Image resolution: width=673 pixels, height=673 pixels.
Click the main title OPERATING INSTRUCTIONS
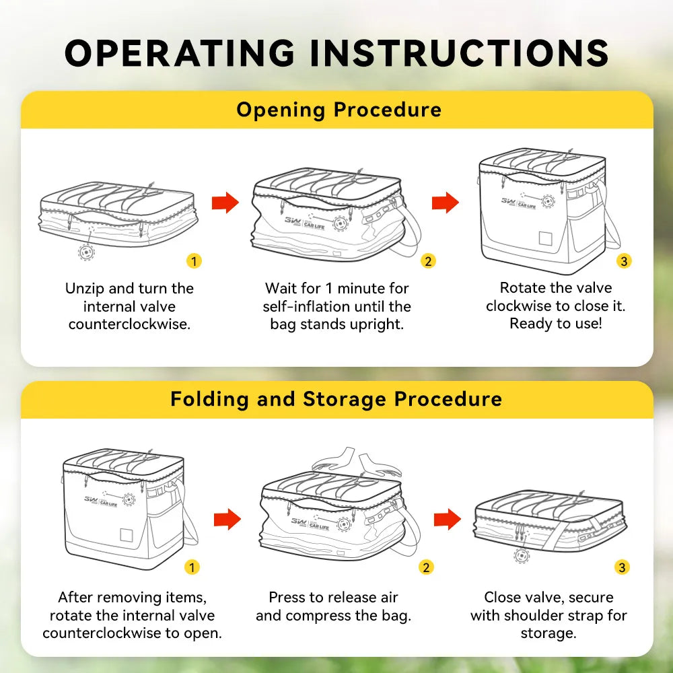click(336, 52)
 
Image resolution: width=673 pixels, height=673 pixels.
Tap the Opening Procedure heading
click(339, 110)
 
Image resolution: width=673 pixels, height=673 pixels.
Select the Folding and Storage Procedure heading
click(336, 399)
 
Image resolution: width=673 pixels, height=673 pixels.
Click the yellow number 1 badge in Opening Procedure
click(194, 261)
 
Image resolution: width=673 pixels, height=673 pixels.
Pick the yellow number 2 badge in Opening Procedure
click(428, 261)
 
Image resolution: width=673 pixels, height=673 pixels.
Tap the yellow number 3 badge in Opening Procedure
click(624, 261)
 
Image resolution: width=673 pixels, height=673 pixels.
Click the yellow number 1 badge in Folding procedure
click(192, 567)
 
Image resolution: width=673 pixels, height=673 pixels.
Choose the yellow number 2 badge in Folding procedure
click(426, 567)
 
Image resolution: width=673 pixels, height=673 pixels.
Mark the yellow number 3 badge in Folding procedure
click(622, 567)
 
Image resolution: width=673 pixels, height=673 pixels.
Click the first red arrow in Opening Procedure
click(225, 202)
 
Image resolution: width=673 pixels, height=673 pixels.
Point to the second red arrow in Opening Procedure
click(446, 202)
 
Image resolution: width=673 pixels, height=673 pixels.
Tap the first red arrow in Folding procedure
click(227, 519)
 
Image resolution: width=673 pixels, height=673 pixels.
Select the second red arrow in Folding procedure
click(448, 519)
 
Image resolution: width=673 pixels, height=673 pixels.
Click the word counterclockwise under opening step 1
click(129, 324)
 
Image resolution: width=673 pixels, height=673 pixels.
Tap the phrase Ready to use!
click(556, 323)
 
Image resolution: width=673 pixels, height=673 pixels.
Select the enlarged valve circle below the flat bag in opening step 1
click(87, 252)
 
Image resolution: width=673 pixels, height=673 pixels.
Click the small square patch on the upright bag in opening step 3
click(545, 238)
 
